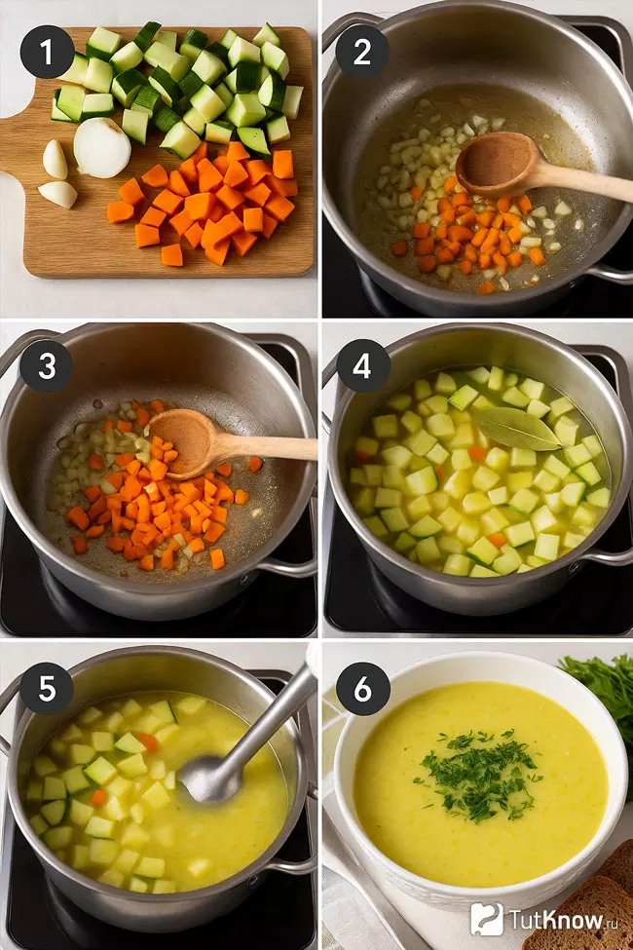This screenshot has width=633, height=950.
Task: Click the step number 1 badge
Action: (x=47, y=52)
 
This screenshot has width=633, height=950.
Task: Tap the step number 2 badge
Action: (x=361, y=52)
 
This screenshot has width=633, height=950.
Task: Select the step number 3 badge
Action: (x=47, y=366)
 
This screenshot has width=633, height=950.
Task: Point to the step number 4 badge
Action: (x=361, y=366)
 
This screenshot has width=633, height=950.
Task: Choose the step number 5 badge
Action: (x=47, y=689)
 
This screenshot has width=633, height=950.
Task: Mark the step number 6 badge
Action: (x=361, y=689)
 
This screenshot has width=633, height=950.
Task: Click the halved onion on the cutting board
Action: (x=101, y=148)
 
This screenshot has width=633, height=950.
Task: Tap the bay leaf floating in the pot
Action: (x=516, y=429)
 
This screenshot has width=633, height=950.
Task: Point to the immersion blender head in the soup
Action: (x=210, y=778)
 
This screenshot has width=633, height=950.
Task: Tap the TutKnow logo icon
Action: (x=487, y=919)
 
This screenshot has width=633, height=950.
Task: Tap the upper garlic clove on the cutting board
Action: (x=56, y=160)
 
